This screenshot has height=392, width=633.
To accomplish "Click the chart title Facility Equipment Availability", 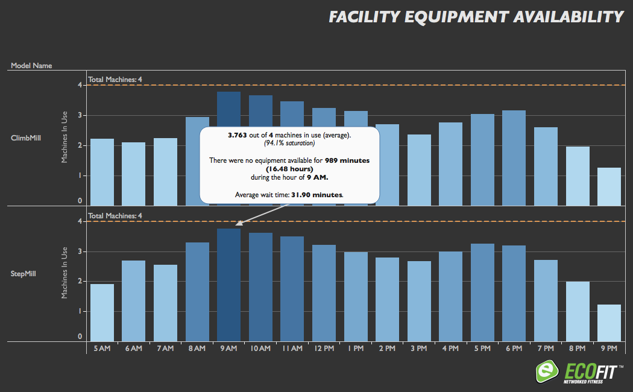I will click(x=476, y=16).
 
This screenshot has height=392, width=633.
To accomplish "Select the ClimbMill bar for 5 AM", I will click(x=102, y=172).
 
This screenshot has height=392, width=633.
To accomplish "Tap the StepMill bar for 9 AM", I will click(x=228, y=285).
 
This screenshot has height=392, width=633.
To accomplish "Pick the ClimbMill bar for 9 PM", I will click(x=609, y=186).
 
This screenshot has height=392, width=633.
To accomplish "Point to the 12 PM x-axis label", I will click(x=324, y=349).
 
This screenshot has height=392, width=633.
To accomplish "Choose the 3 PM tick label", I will click(x=419, y=349).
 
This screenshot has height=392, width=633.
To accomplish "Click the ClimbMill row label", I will click(x=26, y=138).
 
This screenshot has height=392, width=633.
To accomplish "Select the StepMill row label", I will click(x=25, y=274).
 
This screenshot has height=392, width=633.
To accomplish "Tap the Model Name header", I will click(x=31, y=65).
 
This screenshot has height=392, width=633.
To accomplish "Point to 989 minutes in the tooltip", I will click(x=347, y=160).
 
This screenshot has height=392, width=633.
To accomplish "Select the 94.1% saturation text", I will click(x=289, y=144).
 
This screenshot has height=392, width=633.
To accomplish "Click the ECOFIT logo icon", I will click(x=547, y=372).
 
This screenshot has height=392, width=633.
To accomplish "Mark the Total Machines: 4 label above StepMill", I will click(x=115, y=215).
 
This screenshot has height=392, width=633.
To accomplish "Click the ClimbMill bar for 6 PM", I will click(x=514, y=158).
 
